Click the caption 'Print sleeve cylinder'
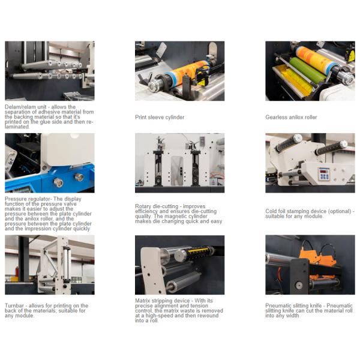(x=160, y=118)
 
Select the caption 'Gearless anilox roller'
(x=291, y=118)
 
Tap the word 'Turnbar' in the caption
(x=14, y=305)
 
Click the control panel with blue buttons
(x=324, y=173)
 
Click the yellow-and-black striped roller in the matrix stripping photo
(x=200, y=253)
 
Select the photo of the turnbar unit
(x=50, y=265)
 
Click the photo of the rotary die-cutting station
(x=180, y=163)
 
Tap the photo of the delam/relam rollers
(x=50, y=71)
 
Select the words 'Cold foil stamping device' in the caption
(x=296, y=211)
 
